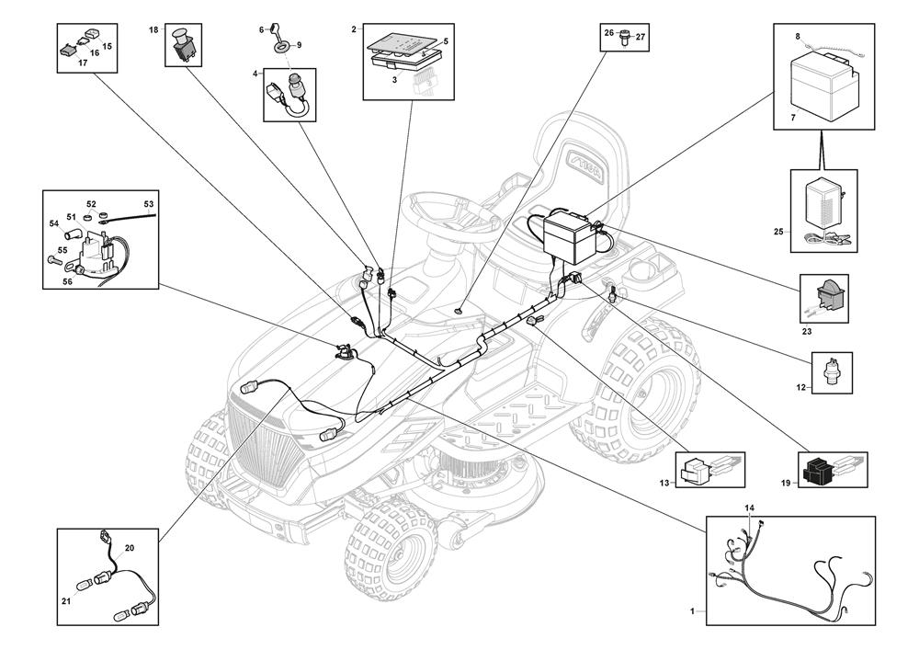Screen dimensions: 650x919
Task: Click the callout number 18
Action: pyautogui.click(x=154, y=30)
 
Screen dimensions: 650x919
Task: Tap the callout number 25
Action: pyautogui.click(x=778, y=231)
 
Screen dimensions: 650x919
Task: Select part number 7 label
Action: pyautogui.click(x=794, y=119)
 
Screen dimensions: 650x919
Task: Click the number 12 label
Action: pyautogui.click(x=801, y=388)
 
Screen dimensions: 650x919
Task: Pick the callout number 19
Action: pyautogui.click(x=787, y=481)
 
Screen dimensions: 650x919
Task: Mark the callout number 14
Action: pyautogui.click(x=749, y=508)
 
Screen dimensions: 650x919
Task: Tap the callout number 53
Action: pyautogui.click(x=149, y=203)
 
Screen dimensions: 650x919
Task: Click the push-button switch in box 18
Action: pyautogui.click(x=182, y=45)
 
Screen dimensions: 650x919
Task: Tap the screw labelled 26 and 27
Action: pyautogui.click(x=626, y=38)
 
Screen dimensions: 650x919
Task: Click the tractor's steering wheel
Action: pyautogui.click(x=450, y=207)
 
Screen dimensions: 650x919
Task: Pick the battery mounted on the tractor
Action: pyautogui.click(x=571, y=234)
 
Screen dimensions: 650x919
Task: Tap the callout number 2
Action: pyautogui.click(x=354, y=30)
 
